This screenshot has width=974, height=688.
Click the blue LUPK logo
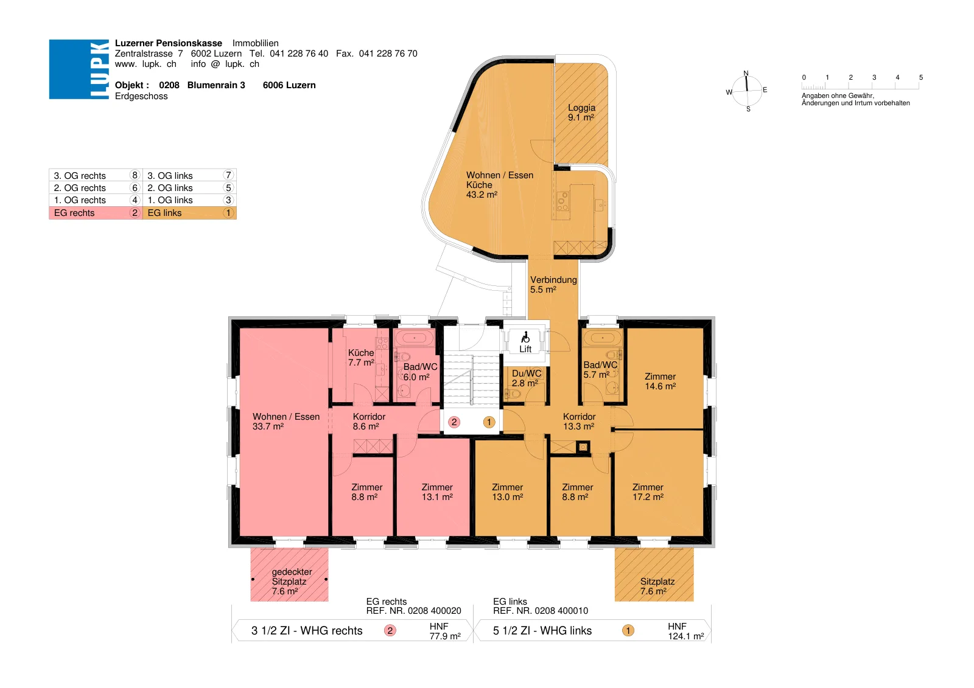pyautogui.click(x=79, y=69)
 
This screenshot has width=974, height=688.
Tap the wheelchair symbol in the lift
pyautogui.click(x=525, y=337)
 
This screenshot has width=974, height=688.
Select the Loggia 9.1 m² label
pyautogui.click(x=581, y=112)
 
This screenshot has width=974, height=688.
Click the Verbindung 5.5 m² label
pyautogui.click(x=553, y=284)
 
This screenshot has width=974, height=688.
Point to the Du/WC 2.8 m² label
pyautogui.click(x=526, y=378)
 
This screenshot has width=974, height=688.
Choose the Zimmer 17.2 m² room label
pyautogui.click(x=648, y=492)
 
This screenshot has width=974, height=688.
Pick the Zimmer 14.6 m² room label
pyautogui.click(x=660, y=381)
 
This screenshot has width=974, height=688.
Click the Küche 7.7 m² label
pyautogui.click(x=361, y=357)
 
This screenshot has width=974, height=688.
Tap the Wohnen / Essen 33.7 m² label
pyautogui.click(x=286, y=421)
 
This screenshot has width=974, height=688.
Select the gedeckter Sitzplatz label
pyautogui.click(x=292, y=582)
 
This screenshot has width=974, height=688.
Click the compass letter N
pyautogui.click(x=746, y=73)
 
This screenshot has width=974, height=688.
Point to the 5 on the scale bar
pyautogui.click(x=920, y=77)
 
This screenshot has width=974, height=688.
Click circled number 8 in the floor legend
pyautogui.click(x=135, y=175)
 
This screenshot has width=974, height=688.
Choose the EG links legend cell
pyautogui.click(x=189, y=212)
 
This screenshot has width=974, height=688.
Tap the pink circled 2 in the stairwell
pyautogui.click(x=454, y=422)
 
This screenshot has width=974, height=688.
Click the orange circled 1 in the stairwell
pyautogui.click(x=489, y=422)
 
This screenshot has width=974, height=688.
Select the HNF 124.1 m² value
pyautogui.click(x=685, y=631)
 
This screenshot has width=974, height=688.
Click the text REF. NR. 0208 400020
pyautogui.click(x=413, y=611)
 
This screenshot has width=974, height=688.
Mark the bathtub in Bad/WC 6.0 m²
pyautogui.click(x=415, y=337)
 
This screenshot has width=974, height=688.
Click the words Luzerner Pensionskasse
pyautogui.click(x=168, y=43)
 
